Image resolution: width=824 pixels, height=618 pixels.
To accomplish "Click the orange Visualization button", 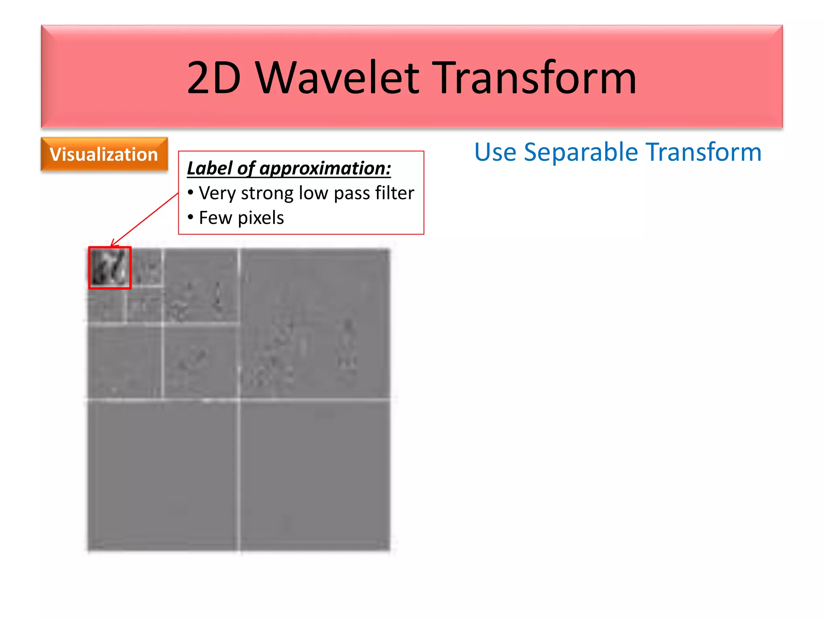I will point(104,154).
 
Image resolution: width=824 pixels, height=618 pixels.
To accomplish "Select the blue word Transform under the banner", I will point(704,152).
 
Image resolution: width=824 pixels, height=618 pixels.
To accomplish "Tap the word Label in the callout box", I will point(209,168).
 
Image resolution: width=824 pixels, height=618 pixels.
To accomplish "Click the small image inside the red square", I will point(109,268).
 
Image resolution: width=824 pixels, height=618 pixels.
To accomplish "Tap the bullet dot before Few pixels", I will point(190,217).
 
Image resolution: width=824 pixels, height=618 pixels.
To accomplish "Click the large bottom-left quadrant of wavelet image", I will point(163,475).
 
